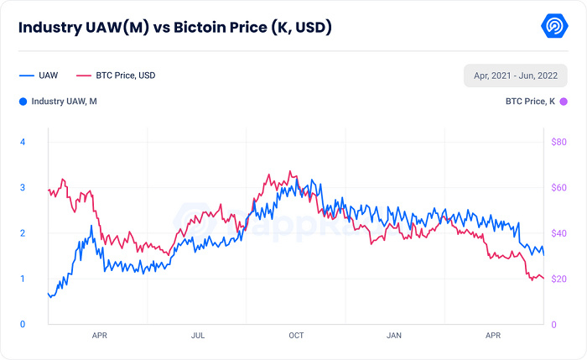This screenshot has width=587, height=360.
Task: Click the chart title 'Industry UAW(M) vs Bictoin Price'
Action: (175, 28)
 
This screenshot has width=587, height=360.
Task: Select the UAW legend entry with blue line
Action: (38, 76)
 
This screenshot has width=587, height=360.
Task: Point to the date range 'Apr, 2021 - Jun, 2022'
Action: (516, 76)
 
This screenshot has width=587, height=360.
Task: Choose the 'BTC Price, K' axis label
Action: (530, 102)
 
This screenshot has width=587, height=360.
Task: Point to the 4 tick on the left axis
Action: (23, 142)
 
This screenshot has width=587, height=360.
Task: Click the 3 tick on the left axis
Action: (23, 187)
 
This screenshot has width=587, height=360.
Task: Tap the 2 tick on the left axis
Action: (23, 233)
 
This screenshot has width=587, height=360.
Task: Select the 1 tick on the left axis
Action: (23, 279)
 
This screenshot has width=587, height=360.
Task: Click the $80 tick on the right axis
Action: (558, 142)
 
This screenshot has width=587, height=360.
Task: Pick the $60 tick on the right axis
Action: (558, 187)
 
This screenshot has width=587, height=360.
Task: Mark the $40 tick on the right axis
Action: (558, 233)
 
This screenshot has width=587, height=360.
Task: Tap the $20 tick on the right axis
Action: (558, 279)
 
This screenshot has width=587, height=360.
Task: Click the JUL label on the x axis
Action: (198, 336)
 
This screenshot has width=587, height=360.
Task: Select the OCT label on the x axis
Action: (296, 336)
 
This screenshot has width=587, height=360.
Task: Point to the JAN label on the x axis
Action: (394, 336)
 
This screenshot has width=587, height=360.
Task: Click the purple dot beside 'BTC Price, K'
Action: (564, 102)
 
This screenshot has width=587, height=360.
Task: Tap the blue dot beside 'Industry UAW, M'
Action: (22, 102)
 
